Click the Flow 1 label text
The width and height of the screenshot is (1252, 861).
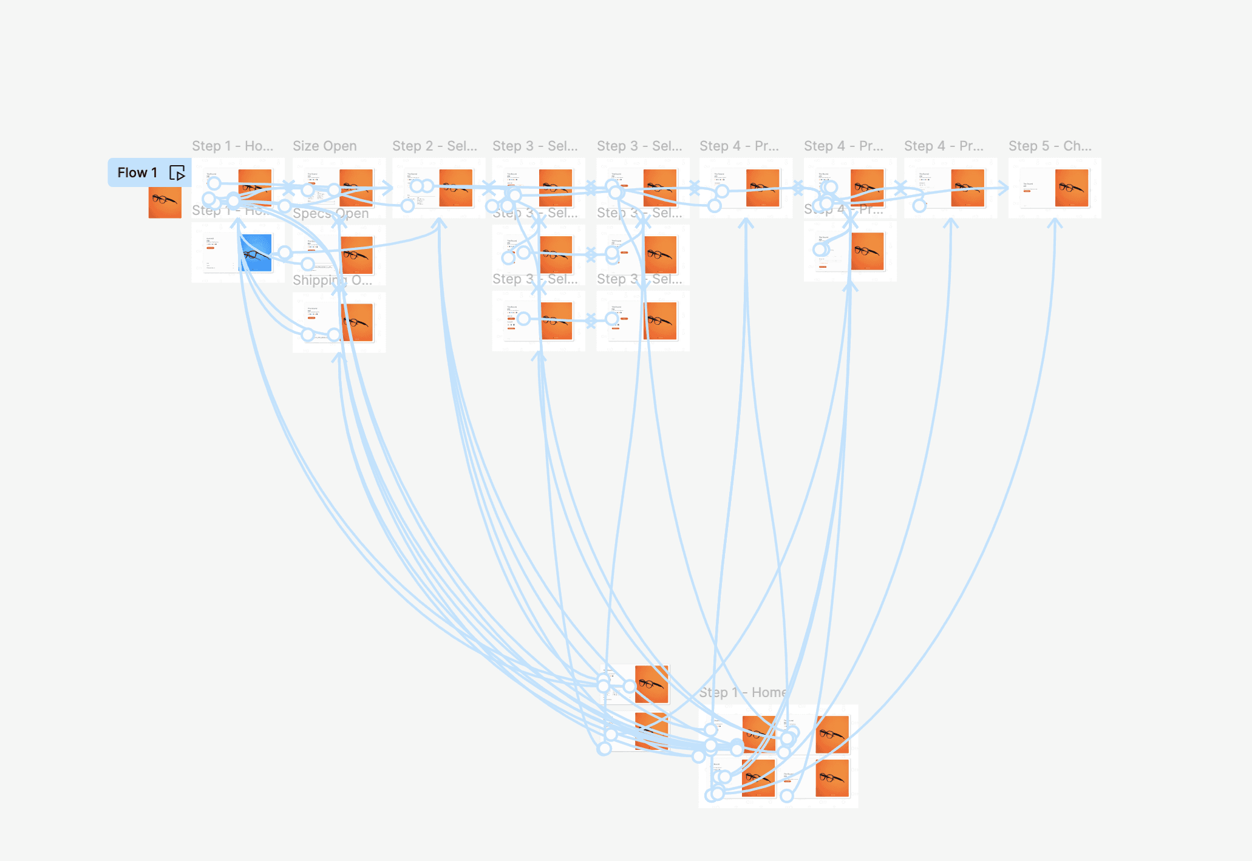pyautogui.click(x=137, y=172)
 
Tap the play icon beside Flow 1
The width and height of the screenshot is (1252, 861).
pyautogui.click(x=177, y=173)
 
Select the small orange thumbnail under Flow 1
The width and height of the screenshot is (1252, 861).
pyautogui.click(x=165, y=202)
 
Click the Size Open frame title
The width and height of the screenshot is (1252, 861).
pyautogui.click(x=324, y=146)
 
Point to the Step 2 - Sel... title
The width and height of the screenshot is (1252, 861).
pyautogui.click(x=434, y=146)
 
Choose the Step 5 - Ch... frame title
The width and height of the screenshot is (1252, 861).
pyautogui.click(x=1050, y=146)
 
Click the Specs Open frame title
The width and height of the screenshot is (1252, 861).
pyautogui.click(x=330, y=213)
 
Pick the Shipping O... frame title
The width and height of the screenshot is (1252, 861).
pyautogui.click(x=332, y=280)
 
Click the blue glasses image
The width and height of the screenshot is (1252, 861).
pyautogui.click(x=256, y=253)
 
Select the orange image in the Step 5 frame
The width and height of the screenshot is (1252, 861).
pyautogui.click(x=1072, y=188)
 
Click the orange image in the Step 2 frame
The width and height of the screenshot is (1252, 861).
pyautogui.click(x=455, y=188)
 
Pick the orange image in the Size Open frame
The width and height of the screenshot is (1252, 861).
pyautogui.click(x=356, y=188)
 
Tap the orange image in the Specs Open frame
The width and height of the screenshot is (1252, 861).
pyautogui.click(x=357, y=255)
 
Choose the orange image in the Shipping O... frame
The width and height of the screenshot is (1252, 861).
pyautogui.click(x=357, y=322)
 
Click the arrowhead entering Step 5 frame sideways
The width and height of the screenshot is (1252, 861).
pyautogui.click(x=1004, y=188)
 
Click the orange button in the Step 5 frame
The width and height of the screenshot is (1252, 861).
pyautogui.click(x=1027, y=191)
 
